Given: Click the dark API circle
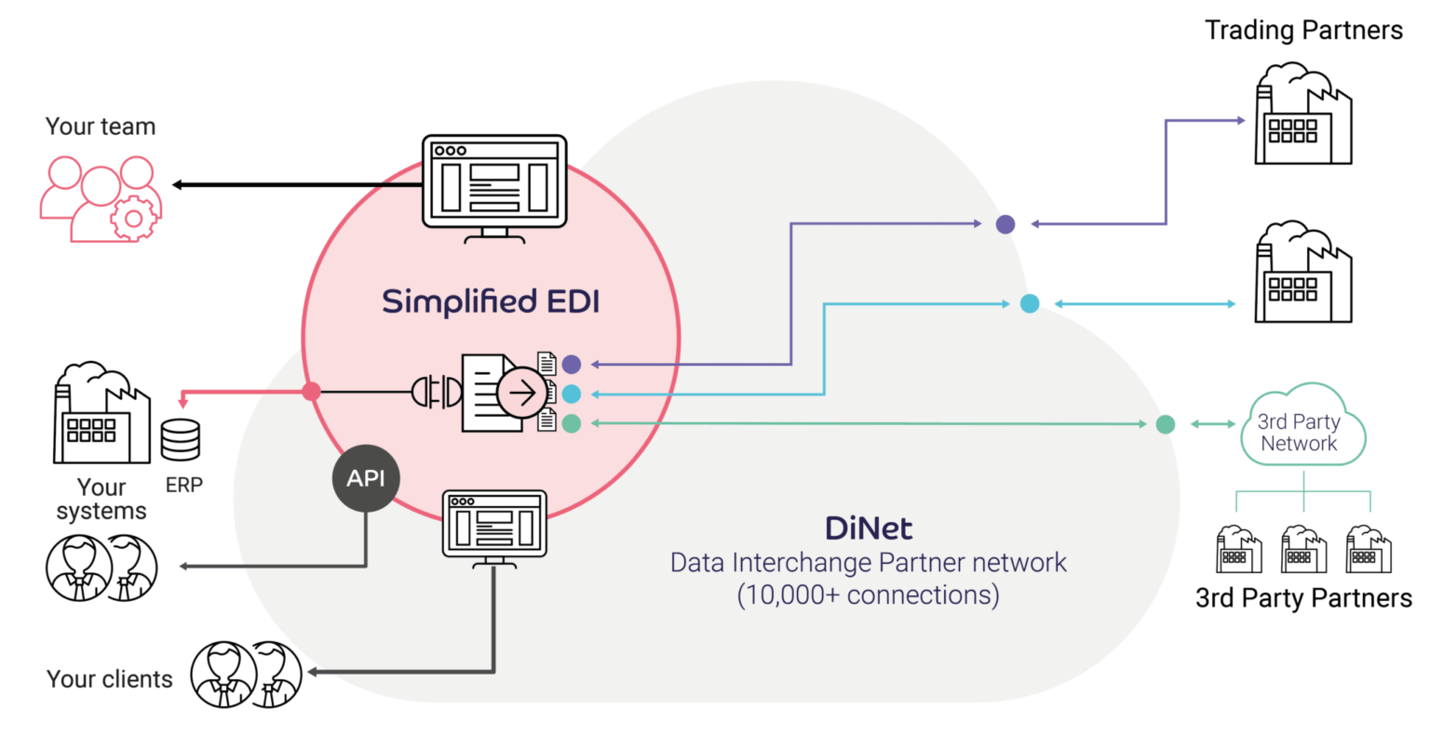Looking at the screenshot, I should pyautogui.click(x=366, y=478).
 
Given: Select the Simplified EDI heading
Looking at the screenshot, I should pyautogui.click(x=491, y=301).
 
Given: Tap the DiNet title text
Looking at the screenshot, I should pyautogui.click(x=868, y=528).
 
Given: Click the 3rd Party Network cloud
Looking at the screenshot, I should pyautogui.click(x=1302, y=431).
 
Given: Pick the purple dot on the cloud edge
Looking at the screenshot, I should pyautogui.click(x=1005, y=223).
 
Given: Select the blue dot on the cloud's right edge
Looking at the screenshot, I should pyautogui.click(x=1030, y=303).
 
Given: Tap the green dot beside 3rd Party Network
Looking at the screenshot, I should pyautogui.click(x=1166, y=424).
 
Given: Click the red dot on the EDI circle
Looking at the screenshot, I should pyautogui.click(x=312, y=392).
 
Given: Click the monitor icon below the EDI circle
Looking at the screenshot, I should pyautogui.click(x=493, y=527).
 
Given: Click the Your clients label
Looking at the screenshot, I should pyautogui.click(x=110, y=679).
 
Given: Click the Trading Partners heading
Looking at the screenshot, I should pyautogui.click(x=1303, y=31).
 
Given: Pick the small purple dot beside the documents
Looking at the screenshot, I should pyautogui.click(x=572, y=365).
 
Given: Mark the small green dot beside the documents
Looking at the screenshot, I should pyautogui.click(x=572, y=423).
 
